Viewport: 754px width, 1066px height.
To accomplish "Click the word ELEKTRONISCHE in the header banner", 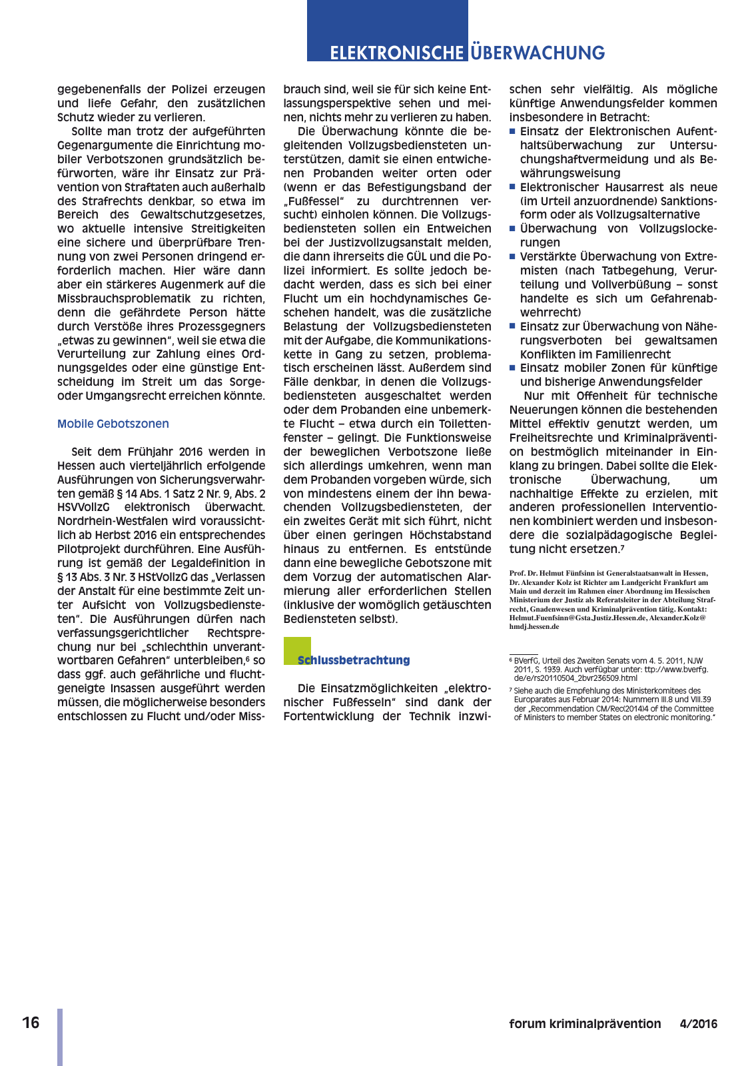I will [x=396, y=53].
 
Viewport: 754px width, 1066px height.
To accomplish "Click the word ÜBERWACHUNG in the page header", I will [x=538, y=53].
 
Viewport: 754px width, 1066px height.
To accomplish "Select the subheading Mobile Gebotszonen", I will [x=113, y=424].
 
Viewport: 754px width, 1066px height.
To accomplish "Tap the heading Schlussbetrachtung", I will [x=353, y=660].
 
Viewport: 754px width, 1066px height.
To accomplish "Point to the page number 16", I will [x=31, y=1023].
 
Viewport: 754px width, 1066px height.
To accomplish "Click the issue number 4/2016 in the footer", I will [x=698, y=1024].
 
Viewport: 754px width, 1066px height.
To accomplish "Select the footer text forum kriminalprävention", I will [x=585, y=1024].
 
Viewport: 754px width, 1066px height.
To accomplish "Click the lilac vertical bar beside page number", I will [x=60, y=1037].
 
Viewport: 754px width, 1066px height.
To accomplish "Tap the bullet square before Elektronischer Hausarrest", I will [x=513, y=187].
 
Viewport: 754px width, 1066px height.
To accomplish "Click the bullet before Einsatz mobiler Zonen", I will [x=513, y=368].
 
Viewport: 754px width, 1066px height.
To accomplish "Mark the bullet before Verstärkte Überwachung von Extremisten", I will [x=513, y=257].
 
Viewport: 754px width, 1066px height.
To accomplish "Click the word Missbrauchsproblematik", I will [x=137, y=298].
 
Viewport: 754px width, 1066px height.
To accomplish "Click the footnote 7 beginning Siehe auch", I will [x=533, y=691].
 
